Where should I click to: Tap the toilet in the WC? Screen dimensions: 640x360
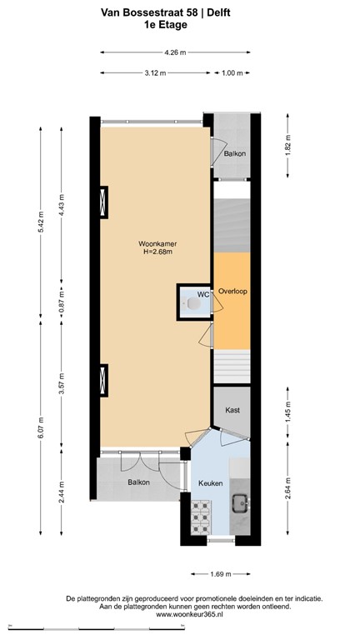(x=192, y=305)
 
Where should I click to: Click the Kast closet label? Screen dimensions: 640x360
(x=232, y=410)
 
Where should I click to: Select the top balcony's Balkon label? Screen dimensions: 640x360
(x=234, y=154)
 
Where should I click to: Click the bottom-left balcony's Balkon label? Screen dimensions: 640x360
(x=138, y=482)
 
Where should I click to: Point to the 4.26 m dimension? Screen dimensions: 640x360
(x=175, y=52)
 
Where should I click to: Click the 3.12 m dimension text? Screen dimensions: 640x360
(x=154, y=73)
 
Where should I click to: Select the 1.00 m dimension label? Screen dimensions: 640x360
(x=232, y=73)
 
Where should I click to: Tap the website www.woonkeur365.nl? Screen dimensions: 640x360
(x=180, y=616)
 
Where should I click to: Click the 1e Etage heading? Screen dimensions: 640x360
(x=165, y=24)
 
